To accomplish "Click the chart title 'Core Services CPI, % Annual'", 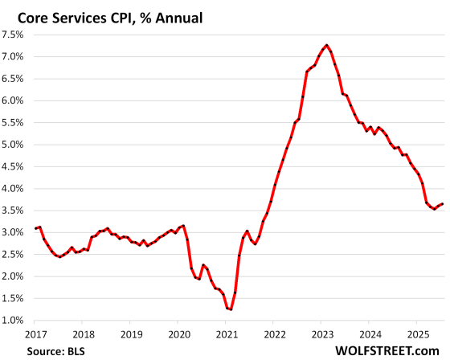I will point(112,14).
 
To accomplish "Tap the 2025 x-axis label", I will point(418,333).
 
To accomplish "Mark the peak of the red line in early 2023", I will point(326,45).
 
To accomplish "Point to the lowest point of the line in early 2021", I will point(230,309).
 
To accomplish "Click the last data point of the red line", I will point(442,203).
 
